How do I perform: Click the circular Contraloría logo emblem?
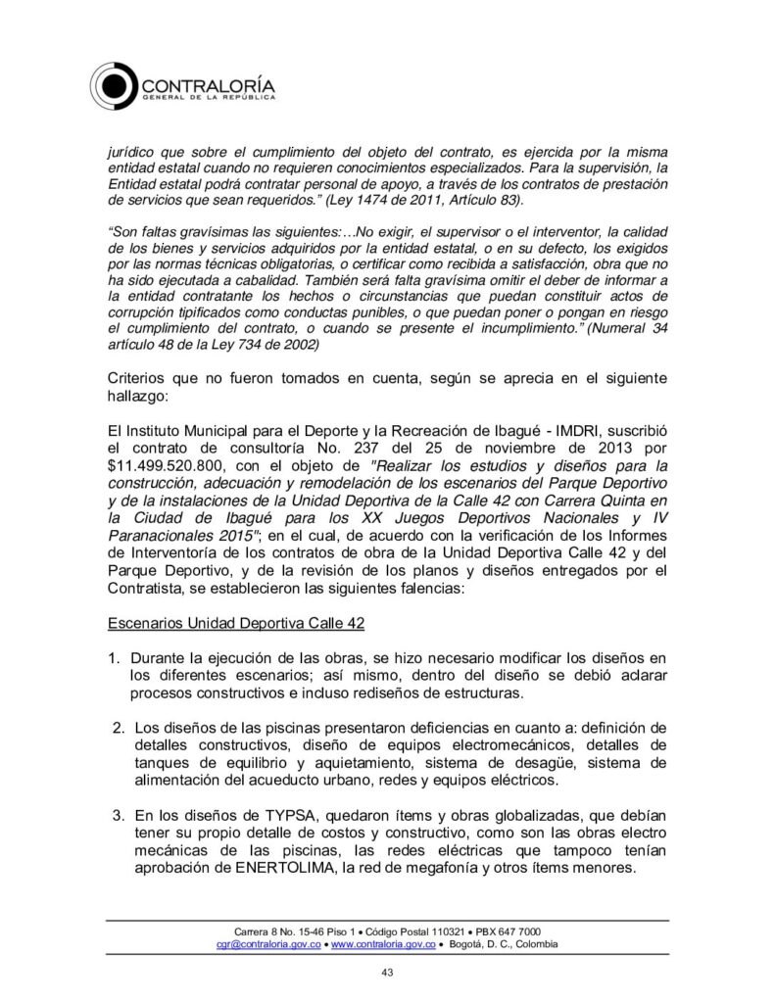118,84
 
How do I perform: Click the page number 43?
387,972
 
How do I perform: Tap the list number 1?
114,655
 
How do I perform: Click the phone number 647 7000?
516,930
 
